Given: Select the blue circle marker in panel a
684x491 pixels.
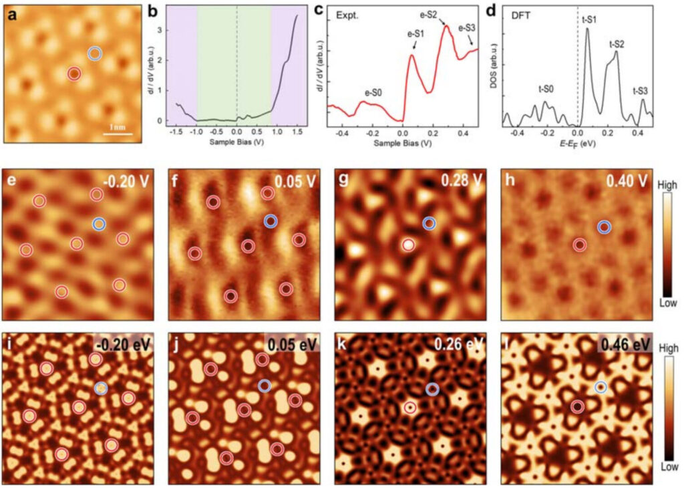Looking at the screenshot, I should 95,53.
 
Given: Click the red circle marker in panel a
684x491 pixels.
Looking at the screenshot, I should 74,73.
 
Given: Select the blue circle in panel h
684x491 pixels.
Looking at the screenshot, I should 604,227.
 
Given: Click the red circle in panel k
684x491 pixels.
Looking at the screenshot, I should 409,407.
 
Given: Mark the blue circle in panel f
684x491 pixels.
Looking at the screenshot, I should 270,220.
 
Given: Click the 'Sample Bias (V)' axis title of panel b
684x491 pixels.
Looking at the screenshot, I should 236,143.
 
